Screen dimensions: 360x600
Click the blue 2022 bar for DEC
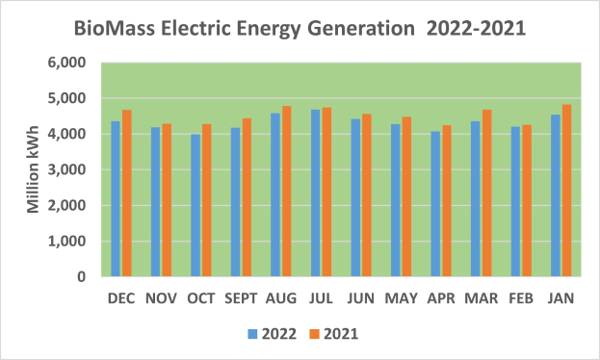(x=116, y=199)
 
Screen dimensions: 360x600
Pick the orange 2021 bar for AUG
(x=286, y=192)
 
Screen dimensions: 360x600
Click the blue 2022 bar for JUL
(x=316, y=193)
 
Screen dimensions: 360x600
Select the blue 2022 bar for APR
(x=435, y=204)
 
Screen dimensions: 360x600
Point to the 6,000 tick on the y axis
(x=67, y=63)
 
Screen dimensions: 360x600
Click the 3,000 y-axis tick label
(x=67, y=169)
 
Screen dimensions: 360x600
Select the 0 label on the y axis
(x=82, y=277)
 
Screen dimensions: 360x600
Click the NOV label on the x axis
(x=161, y=299)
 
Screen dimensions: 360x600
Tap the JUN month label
(x=361, y=299)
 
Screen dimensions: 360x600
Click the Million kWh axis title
(x=33, y=170)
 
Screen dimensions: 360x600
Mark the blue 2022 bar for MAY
(x=396, y=200)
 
